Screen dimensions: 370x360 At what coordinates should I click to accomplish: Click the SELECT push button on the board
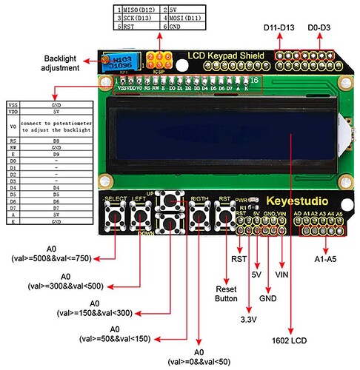click(x=116, y=215)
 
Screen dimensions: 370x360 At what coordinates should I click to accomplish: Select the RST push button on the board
click(x=224, y=215)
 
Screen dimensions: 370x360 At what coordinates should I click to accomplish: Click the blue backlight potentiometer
click(x=116, y=62)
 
